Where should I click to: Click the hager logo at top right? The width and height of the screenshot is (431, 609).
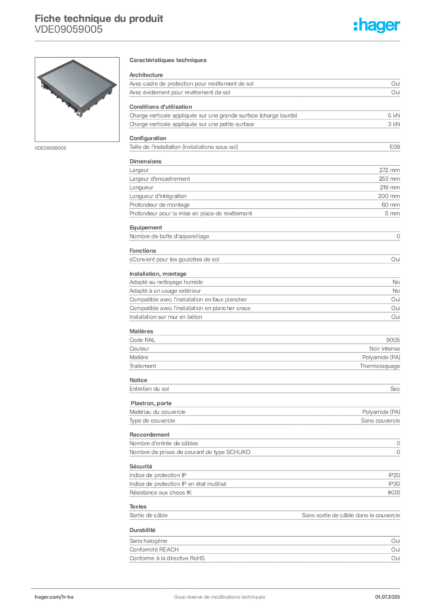click(377, 25)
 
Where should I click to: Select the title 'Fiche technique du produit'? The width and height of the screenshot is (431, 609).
click(99, 18)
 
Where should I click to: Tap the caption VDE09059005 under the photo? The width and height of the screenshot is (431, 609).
click(51, 148)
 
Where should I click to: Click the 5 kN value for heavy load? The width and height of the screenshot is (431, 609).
click(393, 115)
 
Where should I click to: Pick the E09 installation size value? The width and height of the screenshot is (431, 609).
click(395, 147)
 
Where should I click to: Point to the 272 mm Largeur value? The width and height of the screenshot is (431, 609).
click(389, 170)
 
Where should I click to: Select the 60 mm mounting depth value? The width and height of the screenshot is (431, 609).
click(391, 205)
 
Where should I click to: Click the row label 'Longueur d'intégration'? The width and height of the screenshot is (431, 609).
click(158, 196)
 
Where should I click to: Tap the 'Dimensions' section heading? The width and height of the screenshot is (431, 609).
click(145, 161)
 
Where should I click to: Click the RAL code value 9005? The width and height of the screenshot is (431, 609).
click(393, 340)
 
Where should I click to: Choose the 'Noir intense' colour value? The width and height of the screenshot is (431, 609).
click(385, 349)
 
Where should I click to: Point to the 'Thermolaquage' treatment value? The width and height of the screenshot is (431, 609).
click(380, 366)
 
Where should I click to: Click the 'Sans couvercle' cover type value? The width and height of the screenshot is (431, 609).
click(380, 420)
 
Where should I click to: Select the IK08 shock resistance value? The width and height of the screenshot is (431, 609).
click(393, 492)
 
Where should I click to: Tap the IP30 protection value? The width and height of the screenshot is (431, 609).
click(394, 484)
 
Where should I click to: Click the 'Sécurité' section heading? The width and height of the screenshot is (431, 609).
click(140, 466)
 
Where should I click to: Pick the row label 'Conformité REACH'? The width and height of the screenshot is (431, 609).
click(154, 550)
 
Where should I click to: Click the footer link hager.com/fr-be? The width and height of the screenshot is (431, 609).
click(54, 597)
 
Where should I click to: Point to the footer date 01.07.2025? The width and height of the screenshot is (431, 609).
click(388, 597)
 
